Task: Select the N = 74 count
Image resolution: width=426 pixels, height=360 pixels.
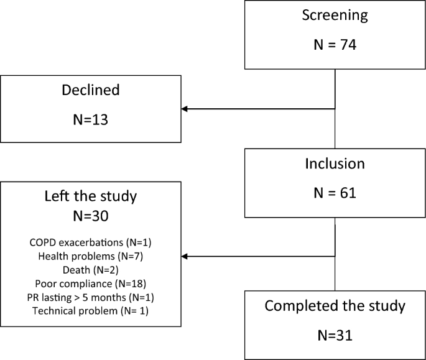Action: pos(335,45)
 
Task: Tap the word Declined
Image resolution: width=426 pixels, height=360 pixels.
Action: pos(91,90)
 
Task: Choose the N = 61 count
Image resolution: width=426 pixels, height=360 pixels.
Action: pos(335,194)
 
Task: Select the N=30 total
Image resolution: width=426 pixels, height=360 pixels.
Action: pos(91,218)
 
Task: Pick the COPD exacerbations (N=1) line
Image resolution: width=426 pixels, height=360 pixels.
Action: pos(91,242)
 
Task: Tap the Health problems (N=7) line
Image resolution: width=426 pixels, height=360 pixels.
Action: pos(91,256)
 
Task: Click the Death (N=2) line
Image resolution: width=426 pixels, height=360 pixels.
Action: pos(91,269)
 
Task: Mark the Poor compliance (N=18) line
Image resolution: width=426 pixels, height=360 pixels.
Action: pos(91,283)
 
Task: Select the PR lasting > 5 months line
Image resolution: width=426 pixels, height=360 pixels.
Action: pos(91,297)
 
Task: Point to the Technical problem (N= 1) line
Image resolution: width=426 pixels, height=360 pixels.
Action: pos(91,310)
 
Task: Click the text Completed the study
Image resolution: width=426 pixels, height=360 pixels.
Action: pos(335,306)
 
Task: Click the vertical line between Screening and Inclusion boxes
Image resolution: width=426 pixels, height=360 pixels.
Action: pos(336,131)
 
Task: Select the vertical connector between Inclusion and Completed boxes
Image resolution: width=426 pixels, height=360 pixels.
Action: pos(336,274)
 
